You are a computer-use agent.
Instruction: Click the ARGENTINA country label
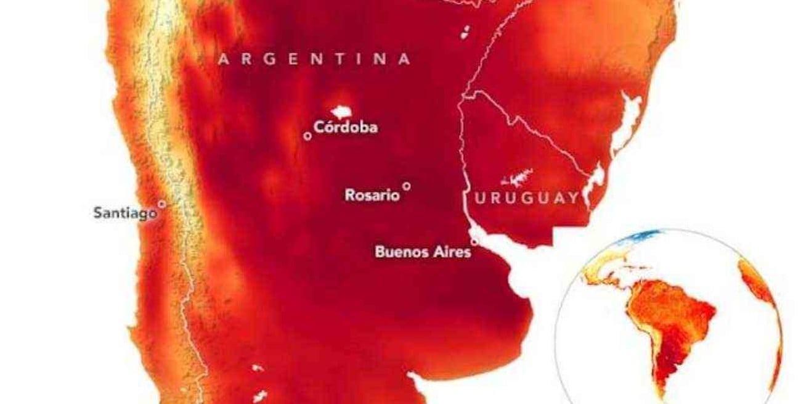pyautogui.click(x=314, y=59)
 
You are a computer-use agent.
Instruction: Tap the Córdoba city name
pyautogui.click(x=345, y=128)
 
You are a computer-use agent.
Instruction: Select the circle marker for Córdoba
pyautogui.click(x=307, y=136)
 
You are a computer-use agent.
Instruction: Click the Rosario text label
pyautogui.click(x=372, y=195)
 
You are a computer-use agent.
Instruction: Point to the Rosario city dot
pyautogui.click(x=406, y=186)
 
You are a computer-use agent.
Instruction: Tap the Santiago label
pyautogui.click(x=124, y=213)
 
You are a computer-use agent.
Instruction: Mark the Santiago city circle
pyautogui.click(x=161, y=204)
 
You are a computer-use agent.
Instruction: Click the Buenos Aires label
pyautogui.click(x=423, y=252)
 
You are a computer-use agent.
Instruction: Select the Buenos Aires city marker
pyautogui.click(x=474, y=241)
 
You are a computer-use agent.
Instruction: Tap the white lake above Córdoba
pyautogui.click(x=341, y=112)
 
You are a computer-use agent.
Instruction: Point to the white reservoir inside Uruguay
pyautogui.click(x=518, y=178)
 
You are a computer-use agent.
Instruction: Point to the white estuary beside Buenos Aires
pyautogui.click(x=511, y=265)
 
